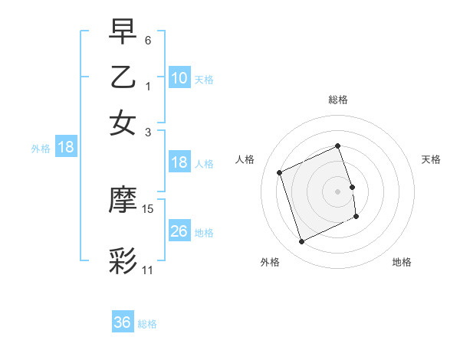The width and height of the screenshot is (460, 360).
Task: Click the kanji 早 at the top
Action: tap(123, 34)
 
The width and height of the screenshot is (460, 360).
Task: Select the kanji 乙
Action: tap(123, 78)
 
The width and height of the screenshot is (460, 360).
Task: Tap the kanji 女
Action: tap(123, 122)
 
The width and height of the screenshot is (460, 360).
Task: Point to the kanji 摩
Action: tap(123, 201)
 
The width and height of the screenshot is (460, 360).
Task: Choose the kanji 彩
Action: tap(123, 260)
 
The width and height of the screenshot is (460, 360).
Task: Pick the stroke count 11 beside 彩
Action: tap(148, 270)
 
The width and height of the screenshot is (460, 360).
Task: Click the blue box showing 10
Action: tap(179, 77)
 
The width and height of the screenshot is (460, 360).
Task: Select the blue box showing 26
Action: tap(179, 231)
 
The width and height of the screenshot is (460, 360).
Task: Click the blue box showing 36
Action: tap(123, 322)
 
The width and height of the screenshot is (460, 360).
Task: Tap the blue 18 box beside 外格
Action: tap(66, 147)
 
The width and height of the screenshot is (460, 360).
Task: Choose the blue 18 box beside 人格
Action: tap(179, 162)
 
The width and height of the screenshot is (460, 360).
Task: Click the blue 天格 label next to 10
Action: tap(204, 79)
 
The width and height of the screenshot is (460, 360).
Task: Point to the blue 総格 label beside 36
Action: tap(147, 324)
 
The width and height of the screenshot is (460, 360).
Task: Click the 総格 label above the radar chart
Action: tap(338, 100)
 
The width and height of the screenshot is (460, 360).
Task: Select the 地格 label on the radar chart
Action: tap(402, 262)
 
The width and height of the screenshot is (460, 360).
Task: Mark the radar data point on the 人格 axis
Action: tap(280, 172)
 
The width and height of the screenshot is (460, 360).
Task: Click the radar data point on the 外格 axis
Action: tap(301, 242)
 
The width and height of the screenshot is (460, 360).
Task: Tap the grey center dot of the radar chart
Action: tap(338, 191)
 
